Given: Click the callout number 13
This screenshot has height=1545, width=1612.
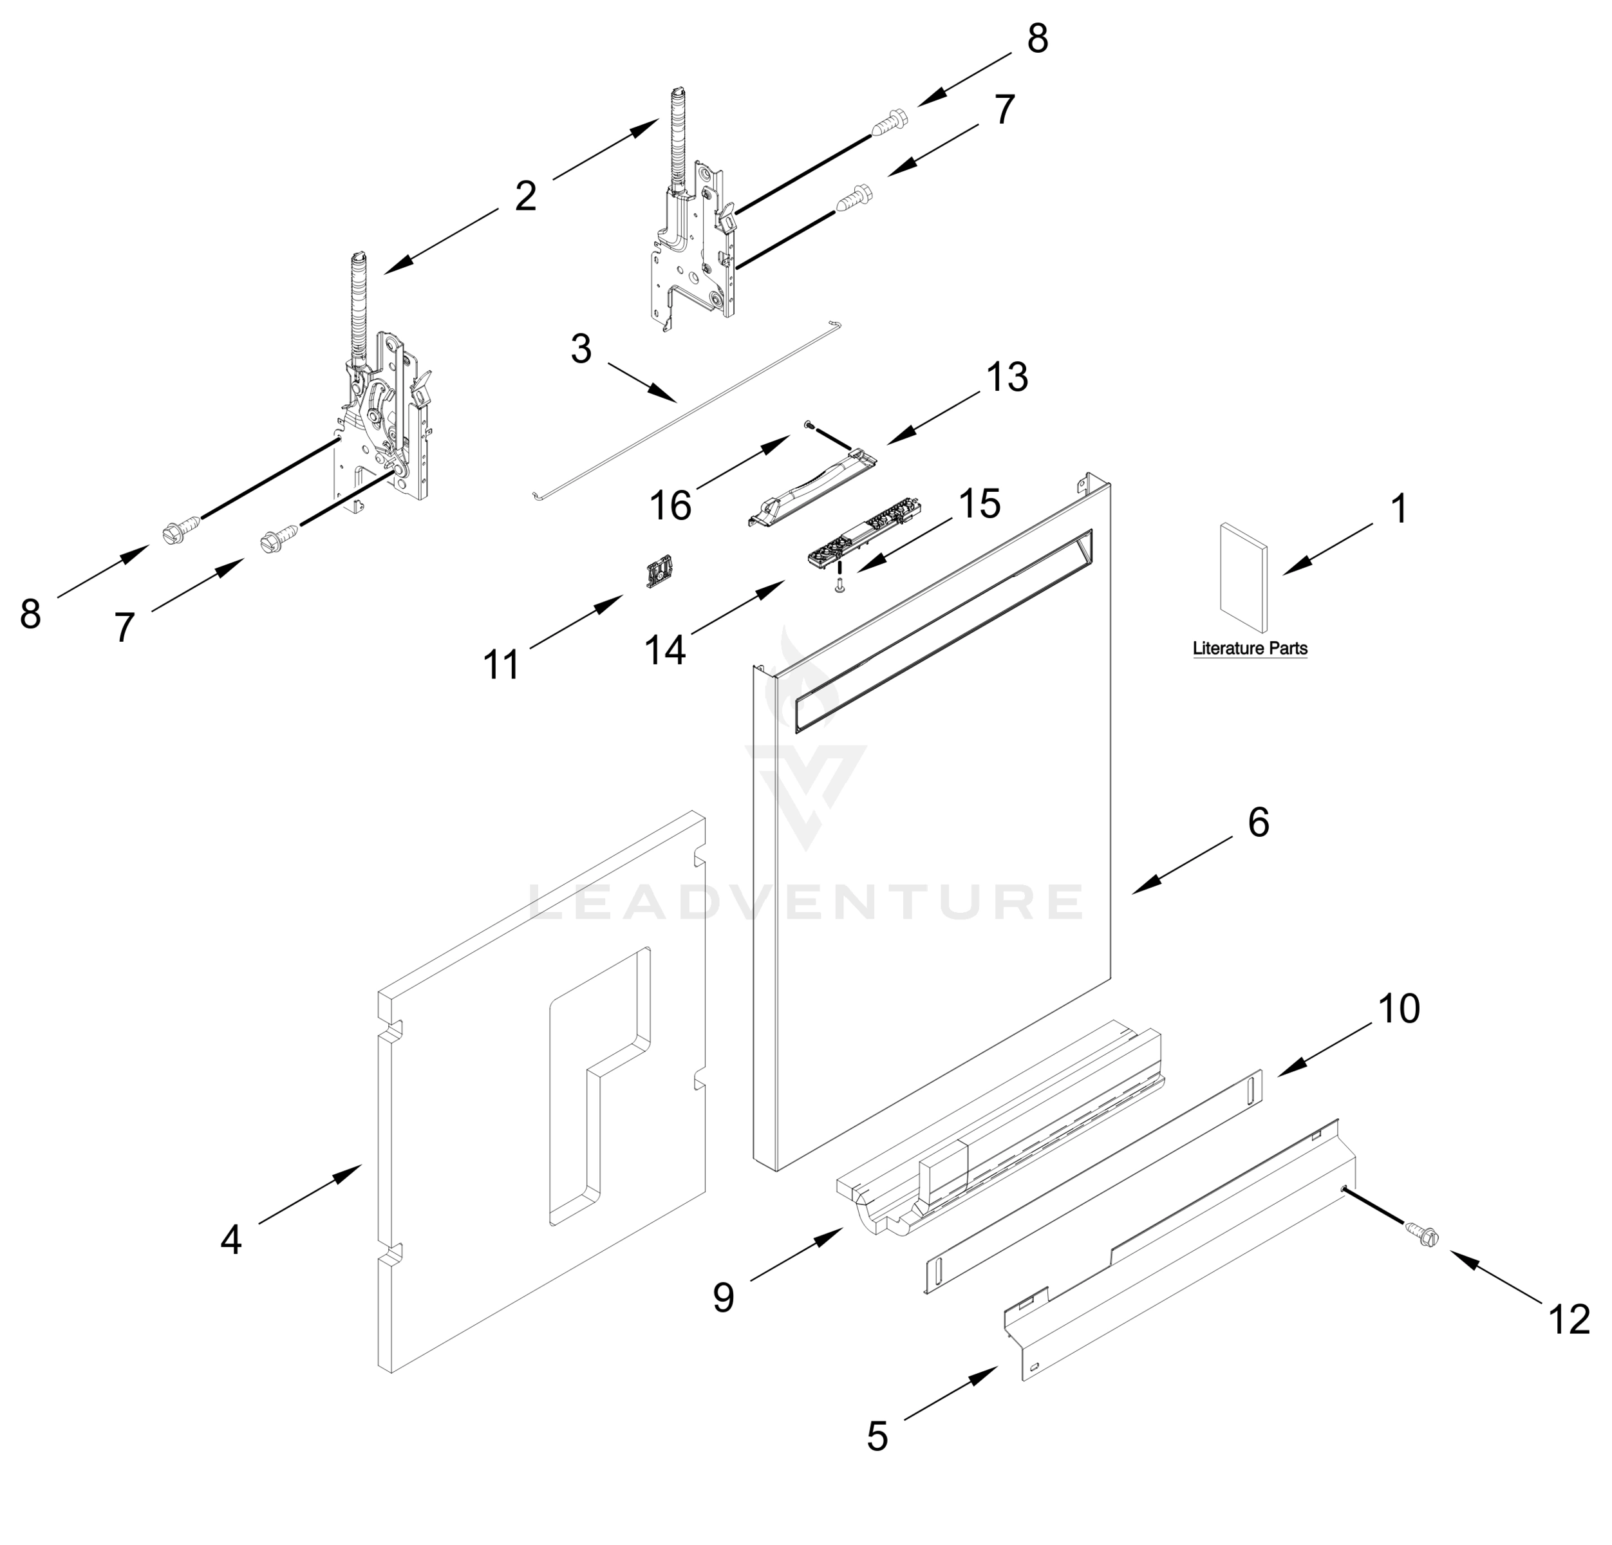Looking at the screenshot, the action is [x=1007, y=377].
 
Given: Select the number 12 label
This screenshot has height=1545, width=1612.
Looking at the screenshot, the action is [x=1568, y=1320].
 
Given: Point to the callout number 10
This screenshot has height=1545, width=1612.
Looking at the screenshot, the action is [x=1398, y=1008].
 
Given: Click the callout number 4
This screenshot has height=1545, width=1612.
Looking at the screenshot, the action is [x=231, y=1240].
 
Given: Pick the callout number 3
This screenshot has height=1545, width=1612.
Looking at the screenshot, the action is [x=581, y=349].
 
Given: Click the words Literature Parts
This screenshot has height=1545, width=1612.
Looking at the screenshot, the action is [x=1250, y=649].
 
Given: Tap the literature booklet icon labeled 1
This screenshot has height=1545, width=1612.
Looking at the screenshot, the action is [x=1242, y=578].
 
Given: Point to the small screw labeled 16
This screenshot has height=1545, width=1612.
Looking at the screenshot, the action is [x=809, y=424].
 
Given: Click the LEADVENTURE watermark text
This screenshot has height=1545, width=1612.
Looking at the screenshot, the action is [x=805, y=902].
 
